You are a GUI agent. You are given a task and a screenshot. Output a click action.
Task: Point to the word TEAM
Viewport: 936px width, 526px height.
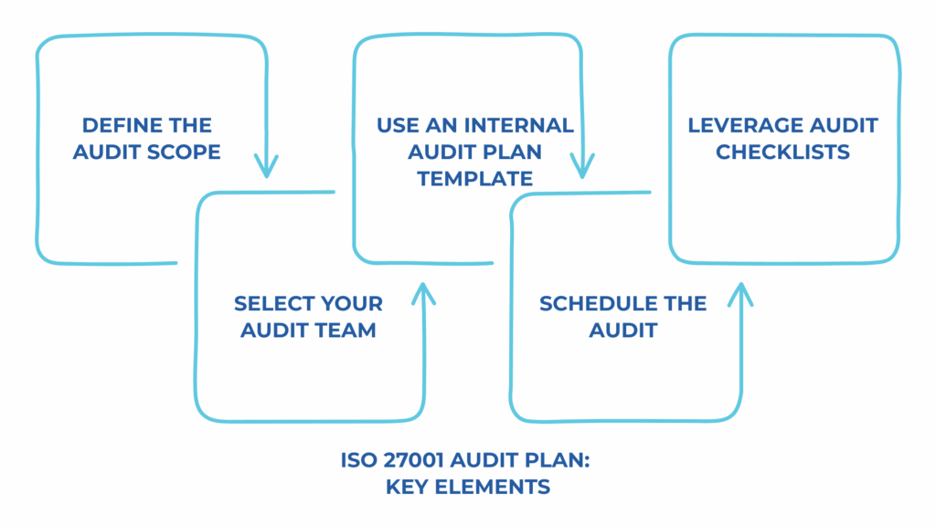coord(347,330)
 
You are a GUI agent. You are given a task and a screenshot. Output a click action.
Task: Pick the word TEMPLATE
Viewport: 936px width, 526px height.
coord(474,178)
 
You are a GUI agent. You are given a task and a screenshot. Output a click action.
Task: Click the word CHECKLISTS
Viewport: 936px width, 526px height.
coord(782,152)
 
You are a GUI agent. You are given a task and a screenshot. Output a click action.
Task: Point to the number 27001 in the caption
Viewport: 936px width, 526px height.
coord(415,461)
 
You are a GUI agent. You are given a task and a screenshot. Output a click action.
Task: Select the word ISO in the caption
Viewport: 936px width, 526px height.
coord(357,461)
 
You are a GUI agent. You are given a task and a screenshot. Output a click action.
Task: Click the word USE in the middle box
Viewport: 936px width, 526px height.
coord(399,125)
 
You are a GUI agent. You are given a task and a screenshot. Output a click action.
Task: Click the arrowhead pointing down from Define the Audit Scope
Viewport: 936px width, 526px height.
coord(266,168)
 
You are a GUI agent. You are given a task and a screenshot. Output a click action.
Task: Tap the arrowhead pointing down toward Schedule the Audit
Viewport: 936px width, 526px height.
coord(582,168)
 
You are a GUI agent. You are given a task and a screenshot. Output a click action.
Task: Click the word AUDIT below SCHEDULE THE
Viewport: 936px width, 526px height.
coord(622,330)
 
